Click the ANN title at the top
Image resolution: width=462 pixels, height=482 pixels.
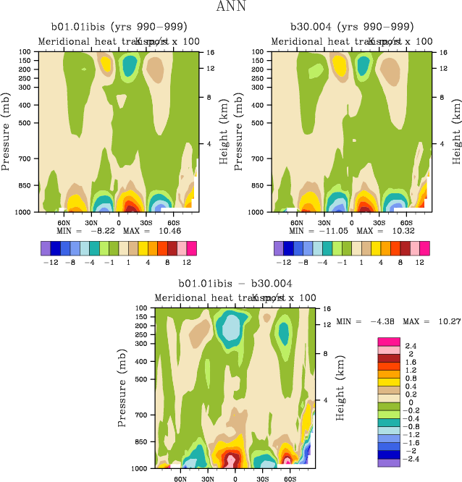pyautogui.click(x=230, y=7)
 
